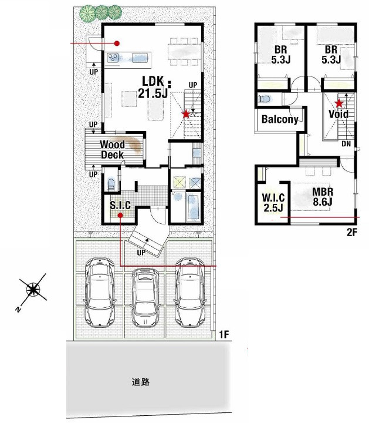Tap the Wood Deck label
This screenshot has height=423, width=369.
[x=112, y=150]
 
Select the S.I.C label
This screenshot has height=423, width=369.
[x=120, y=205]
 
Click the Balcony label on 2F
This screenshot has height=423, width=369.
[x=280, y=119]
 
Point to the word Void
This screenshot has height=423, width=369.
[x=338, y=114]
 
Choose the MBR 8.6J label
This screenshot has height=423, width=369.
[x=323, y=197]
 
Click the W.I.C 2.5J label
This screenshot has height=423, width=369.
[x=273, y=203]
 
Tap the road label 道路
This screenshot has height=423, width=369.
[x=141, y=382]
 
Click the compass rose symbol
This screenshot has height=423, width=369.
[x=33, y=290]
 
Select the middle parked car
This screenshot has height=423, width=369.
[x=145, y=297]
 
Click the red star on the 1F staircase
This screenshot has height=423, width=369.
[x=185, y=114]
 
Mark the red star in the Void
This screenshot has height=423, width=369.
[x=338, y=103]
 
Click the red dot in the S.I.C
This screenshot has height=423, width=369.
[x=120, y=215]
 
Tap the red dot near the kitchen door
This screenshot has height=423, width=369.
[x=117, y=43]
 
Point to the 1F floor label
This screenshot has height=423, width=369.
[x=224, y=335]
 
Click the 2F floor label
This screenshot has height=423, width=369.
[x=351, y=232]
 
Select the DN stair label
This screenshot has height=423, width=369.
[x=346, y=144]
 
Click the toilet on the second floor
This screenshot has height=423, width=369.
[x=263, y=99]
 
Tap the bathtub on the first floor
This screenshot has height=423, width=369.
[x=194, y=207]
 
